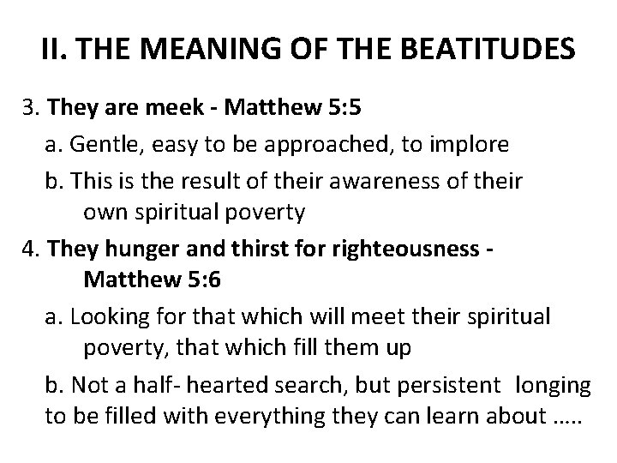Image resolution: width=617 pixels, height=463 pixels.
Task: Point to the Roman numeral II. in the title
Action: [57, 51]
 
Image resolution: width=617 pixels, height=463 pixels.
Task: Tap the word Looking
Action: [105, 317]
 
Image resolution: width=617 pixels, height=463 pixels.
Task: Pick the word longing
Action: [553, 386]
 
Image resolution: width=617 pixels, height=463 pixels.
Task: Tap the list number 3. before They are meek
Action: [33, 110]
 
